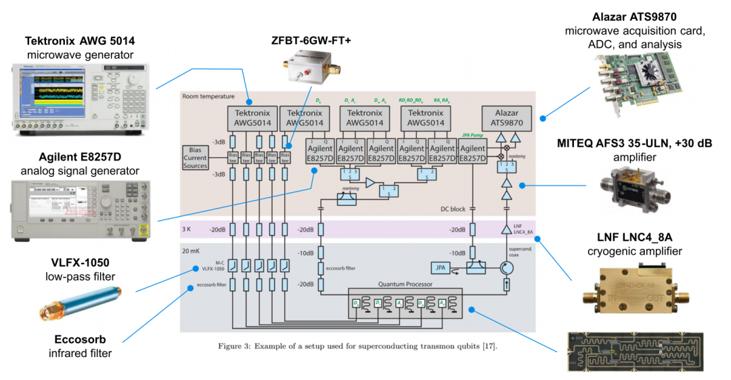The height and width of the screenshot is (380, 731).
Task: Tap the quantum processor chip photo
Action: click(634, 350)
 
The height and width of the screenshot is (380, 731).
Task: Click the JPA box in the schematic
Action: click(441, 268)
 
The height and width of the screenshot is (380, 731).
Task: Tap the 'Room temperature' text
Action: click(208, 97)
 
